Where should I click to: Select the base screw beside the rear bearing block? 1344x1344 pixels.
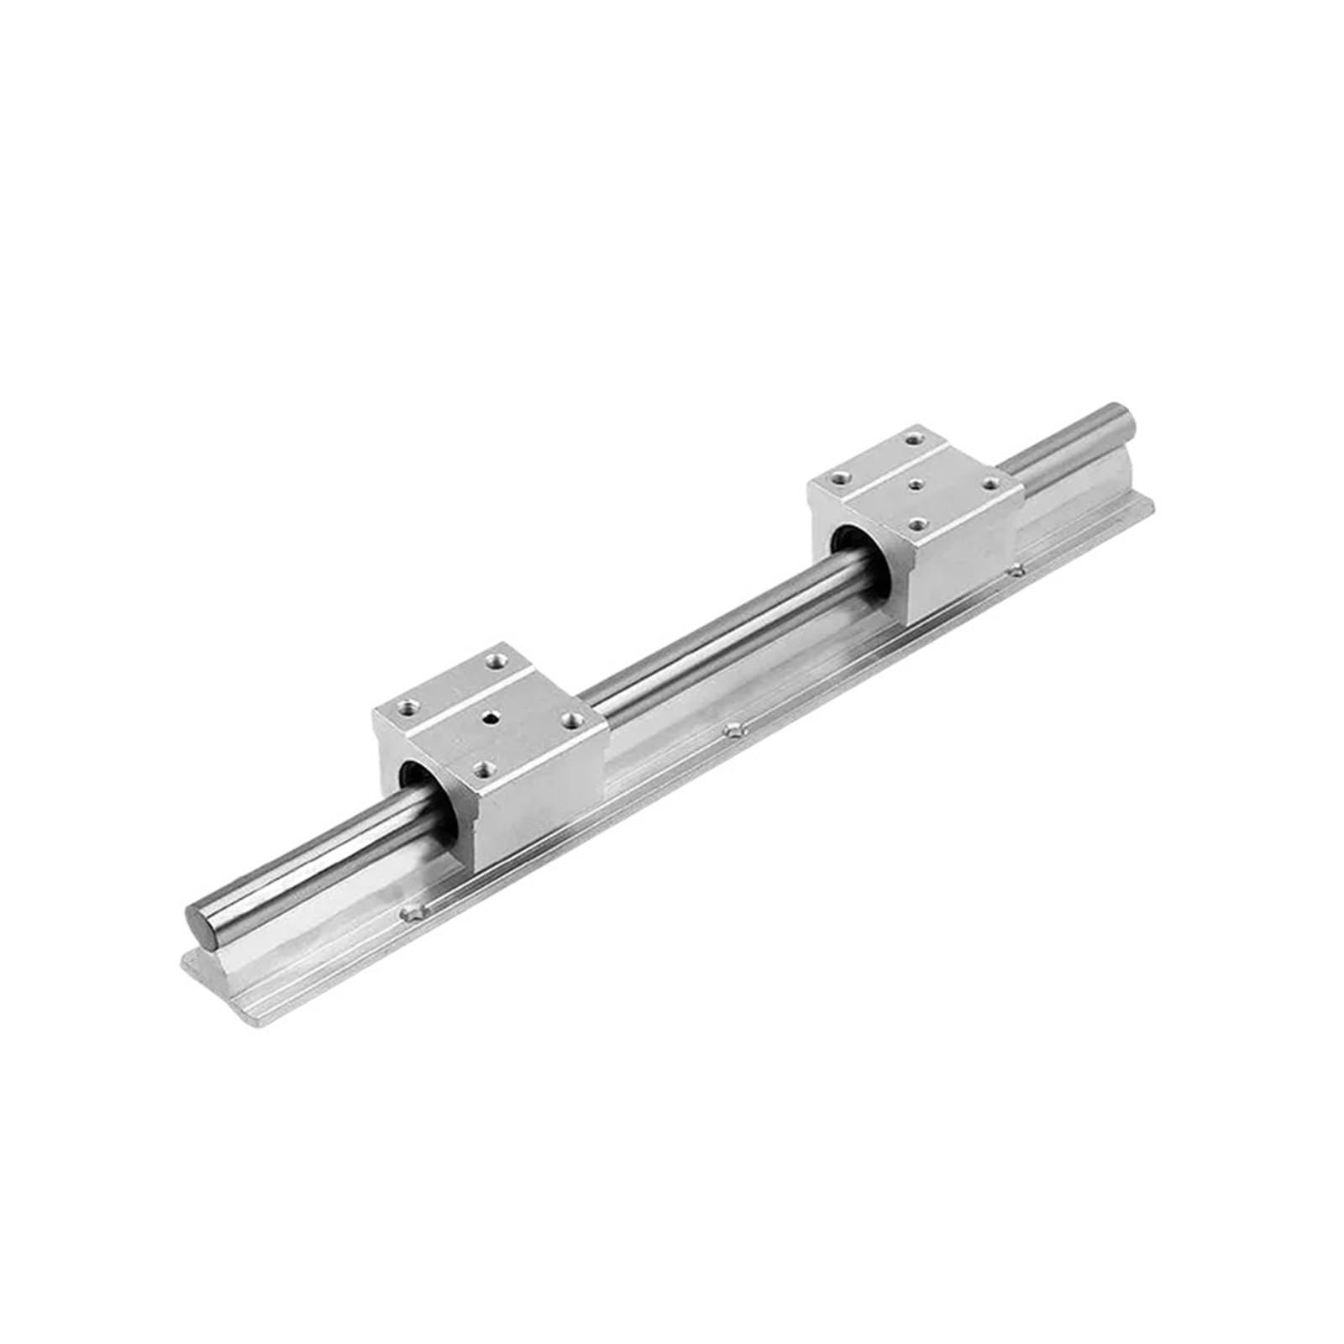pos(1019,571)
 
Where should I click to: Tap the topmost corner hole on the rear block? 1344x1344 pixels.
pos(911,438)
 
